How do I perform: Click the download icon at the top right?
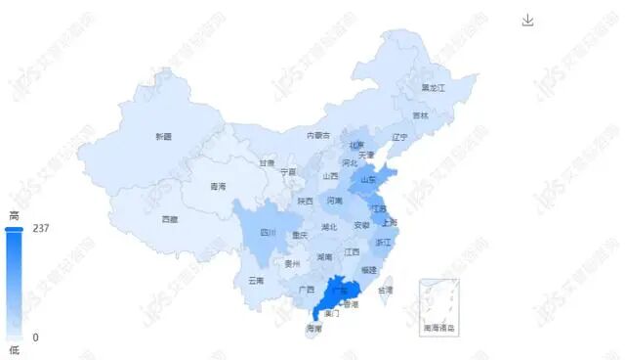[527, 21]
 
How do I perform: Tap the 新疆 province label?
[163, 137]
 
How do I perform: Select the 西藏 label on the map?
[170, 219]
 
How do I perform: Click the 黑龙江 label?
[433, 88]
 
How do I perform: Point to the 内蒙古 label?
[318, 135]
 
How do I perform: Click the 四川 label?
[268, 233]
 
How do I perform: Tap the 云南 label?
[256, 280]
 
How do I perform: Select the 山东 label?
[368, 179]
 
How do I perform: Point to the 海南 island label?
[313, 328]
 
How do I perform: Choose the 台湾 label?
[386, 291]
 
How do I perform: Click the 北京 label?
[356, 145]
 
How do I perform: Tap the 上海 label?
[390, 222]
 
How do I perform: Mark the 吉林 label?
[420, 115]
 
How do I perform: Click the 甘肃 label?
[267, 163]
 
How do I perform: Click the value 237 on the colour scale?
[40, 229]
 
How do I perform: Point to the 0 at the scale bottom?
[35, 337]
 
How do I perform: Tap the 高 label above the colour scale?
[14, 214]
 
